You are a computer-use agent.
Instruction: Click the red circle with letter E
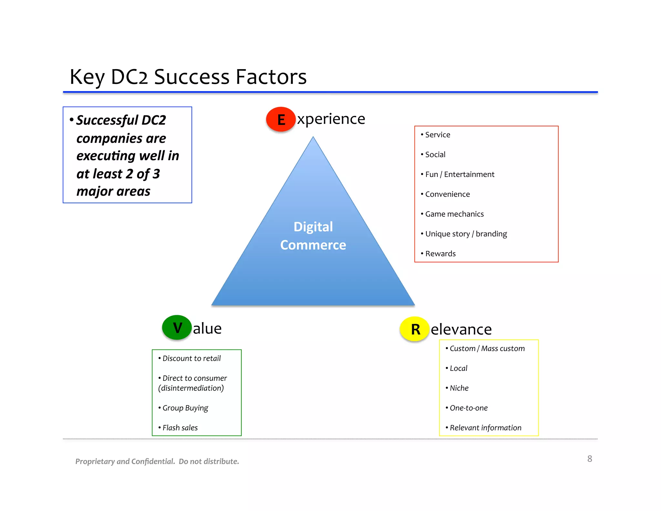(x=281, y=119)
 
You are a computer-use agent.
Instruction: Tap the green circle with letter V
(x=177, y=328)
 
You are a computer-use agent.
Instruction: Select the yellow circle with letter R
(x=414, y=329)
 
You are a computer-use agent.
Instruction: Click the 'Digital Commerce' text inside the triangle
(x=313, y=236)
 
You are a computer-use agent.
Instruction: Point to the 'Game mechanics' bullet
(x=454, y=214)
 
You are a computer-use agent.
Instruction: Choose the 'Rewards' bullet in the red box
(x=440, y=254)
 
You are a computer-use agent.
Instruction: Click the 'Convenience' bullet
(x=447, y=194)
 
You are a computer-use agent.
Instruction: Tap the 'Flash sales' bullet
(x=180, y=428)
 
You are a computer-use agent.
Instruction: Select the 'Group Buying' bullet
(x=185, y=408)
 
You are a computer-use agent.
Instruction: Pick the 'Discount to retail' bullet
(x=191, y=358)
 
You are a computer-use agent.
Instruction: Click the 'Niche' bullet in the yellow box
(x=459, y=388)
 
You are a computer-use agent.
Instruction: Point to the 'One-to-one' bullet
(x=468, y=408)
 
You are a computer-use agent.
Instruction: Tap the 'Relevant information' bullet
(x=485, y=428)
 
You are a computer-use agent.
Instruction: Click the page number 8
(x=590, y=459)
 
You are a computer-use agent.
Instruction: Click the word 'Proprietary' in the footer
(x=95, y=461)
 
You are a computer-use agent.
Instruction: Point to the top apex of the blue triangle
(x=313, y=138)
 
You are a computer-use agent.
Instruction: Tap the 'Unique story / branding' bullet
(x=466, y=234)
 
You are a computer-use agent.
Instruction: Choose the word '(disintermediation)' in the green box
(x=191, y=388)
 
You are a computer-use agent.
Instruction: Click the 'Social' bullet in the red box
(x=435, y=154)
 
